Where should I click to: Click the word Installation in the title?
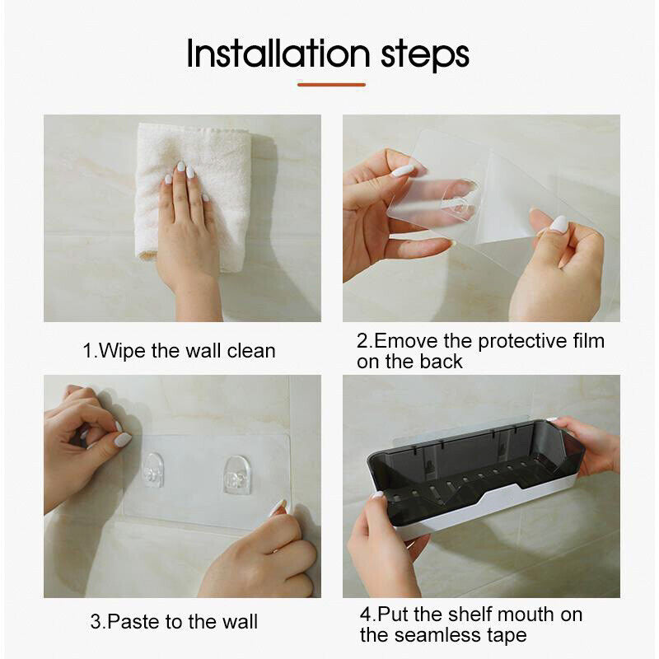278,53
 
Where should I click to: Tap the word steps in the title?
425,55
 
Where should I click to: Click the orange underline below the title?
331,85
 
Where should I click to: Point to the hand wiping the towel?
188,236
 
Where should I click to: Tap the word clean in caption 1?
251,351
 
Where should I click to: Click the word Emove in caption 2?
405,341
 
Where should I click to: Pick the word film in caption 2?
589,340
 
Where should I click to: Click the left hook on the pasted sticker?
152,470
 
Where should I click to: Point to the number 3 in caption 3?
96,622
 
